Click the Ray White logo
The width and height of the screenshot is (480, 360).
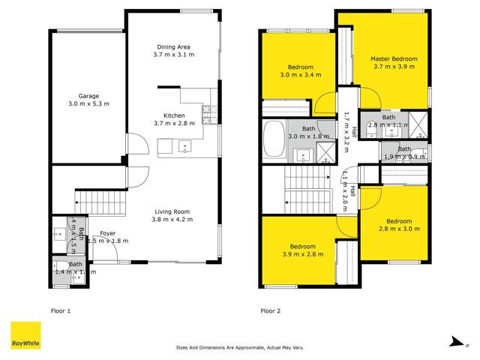[x=25, y=335]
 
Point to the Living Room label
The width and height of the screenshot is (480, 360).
[x=173, y=211]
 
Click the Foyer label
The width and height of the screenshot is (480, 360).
[x=98, y=233]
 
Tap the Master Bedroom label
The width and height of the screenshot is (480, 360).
[x=394, y=58]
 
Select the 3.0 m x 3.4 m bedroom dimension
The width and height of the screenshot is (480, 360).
[x=300, y=75]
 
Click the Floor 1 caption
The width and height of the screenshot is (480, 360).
[x=59, y=310]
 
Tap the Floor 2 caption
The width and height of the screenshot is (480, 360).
[x=270, y=310]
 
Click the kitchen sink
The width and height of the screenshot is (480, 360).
[x=186, y=146]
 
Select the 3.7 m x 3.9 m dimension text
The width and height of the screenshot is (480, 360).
[x=394, y=67]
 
